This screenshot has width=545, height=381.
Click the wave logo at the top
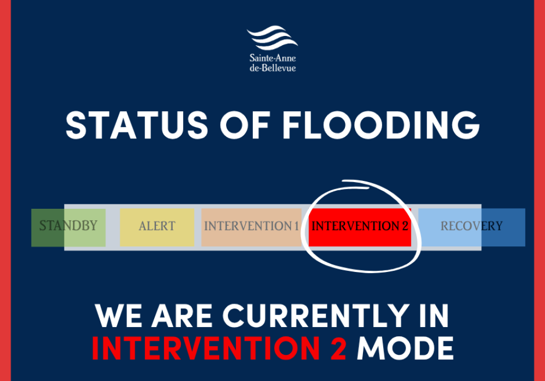[272, 39]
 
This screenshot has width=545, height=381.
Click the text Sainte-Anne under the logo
[272, 58]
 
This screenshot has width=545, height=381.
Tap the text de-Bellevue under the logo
[272, 68]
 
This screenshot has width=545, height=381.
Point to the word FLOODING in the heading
[381, 126]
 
